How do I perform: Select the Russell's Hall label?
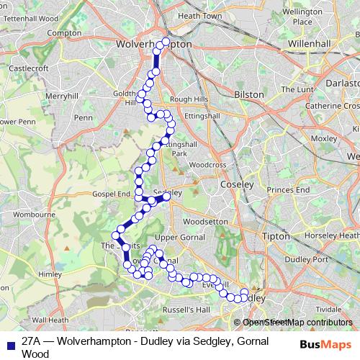184,310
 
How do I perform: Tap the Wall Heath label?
50,320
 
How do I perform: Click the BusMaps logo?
325,344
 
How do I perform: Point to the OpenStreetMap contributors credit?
297,323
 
